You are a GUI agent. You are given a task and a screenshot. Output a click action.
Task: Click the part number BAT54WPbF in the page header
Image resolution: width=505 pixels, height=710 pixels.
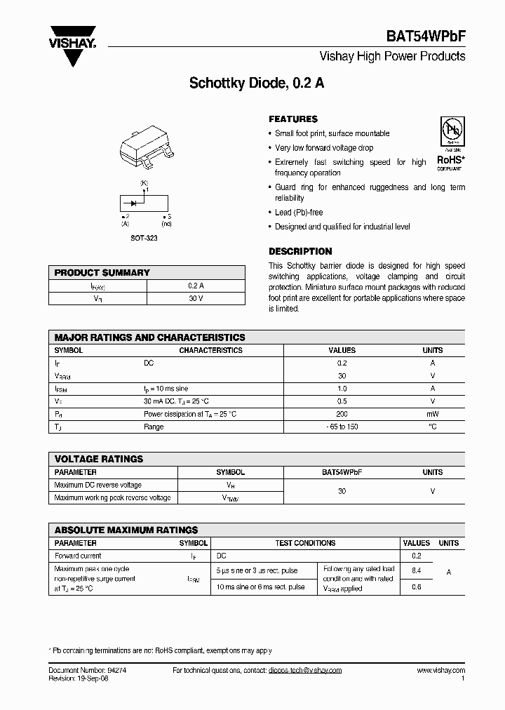click(425, 38)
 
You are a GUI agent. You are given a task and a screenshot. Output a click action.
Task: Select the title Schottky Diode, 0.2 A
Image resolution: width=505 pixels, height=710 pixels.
click(257, 83)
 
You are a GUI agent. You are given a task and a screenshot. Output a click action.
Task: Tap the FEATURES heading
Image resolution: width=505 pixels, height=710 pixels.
click(293, 119)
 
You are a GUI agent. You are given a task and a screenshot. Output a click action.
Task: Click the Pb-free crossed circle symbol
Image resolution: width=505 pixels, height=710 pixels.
click(450, 130)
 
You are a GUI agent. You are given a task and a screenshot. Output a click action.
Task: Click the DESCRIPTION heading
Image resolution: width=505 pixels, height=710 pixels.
click(300, 251)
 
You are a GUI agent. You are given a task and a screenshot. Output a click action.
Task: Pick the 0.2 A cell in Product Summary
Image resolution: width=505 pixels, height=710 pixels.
click(196, 286)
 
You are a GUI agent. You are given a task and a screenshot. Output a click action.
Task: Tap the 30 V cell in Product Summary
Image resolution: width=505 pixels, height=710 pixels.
click(196, 299)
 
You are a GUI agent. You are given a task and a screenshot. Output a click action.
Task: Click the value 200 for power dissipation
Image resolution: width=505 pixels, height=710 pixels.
click(342, 414)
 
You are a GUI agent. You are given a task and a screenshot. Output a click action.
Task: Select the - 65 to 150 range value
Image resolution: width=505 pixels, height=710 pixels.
click(342, 427)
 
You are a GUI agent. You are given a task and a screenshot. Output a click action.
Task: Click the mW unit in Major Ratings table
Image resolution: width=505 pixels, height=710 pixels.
click(432, 414)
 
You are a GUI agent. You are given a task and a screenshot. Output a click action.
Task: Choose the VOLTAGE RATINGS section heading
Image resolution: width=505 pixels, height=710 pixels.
click(99, 459)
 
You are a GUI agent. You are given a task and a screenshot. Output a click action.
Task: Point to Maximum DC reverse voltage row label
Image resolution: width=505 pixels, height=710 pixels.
click(97, 485)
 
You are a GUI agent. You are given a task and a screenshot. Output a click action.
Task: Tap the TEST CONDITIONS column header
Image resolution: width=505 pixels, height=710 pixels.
click(304, 543)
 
